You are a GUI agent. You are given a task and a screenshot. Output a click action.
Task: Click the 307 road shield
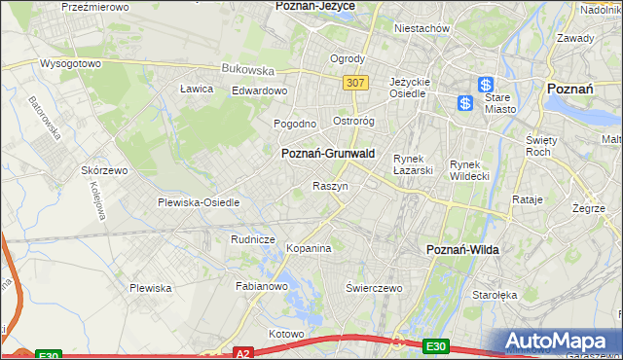[355, 83]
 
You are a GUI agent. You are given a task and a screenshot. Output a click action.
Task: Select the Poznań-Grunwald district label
[328, 154]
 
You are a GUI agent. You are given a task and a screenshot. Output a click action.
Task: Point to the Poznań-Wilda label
[463, 250]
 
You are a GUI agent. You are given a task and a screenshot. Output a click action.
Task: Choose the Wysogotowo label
[70, 63]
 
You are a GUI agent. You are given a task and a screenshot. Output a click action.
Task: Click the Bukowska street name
[249, 70]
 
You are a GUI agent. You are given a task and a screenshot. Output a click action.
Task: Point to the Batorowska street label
[45, 116]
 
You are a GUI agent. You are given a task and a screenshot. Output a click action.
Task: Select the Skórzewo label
[105, 169]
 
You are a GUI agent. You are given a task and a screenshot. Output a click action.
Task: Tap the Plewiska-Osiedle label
[199, 202]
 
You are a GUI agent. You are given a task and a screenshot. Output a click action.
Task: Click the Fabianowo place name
[262, 286]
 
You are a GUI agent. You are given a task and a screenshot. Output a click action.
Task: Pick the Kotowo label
[287, 334]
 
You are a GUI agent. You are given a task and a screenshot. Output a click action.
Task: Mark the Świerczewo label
[375, 288]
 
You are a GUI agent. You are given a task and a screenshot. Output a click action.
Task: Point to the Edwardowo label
[259, 90]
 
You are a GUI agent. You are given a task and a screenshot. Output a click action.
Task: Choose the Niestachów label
[421, 28]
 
